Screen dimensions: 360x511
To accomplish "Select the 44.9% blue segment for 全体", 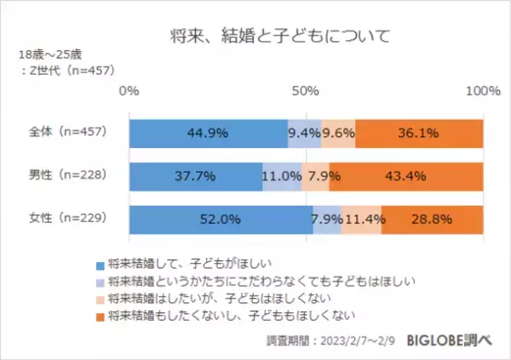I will [208, 133].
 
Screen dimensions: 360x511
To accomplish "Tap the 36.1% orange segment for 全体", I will [419, 133].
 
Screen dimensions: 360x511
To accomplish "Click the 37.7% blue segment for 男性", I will [196, 176].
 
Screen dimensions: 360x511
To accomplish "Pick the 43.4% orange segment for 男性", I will [407, 176].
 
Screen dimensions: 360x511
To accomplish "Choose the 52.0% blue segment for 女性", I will [221, 219].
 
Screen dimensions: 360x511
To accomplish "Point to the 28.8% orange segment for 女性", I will [433, 219].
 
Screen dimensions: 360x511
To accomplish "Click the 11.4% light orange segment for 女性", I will [361, 219].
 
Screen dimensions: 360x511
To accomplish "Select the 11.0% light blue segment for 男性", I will [282, 176].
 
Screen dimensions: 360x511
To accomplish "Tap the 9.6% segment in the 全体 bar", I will [338, 133].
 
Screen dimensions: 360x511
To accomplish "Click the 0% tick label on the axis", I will [129, 91].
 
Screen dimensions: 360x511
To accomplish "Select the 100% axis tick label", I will [483, 91].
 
